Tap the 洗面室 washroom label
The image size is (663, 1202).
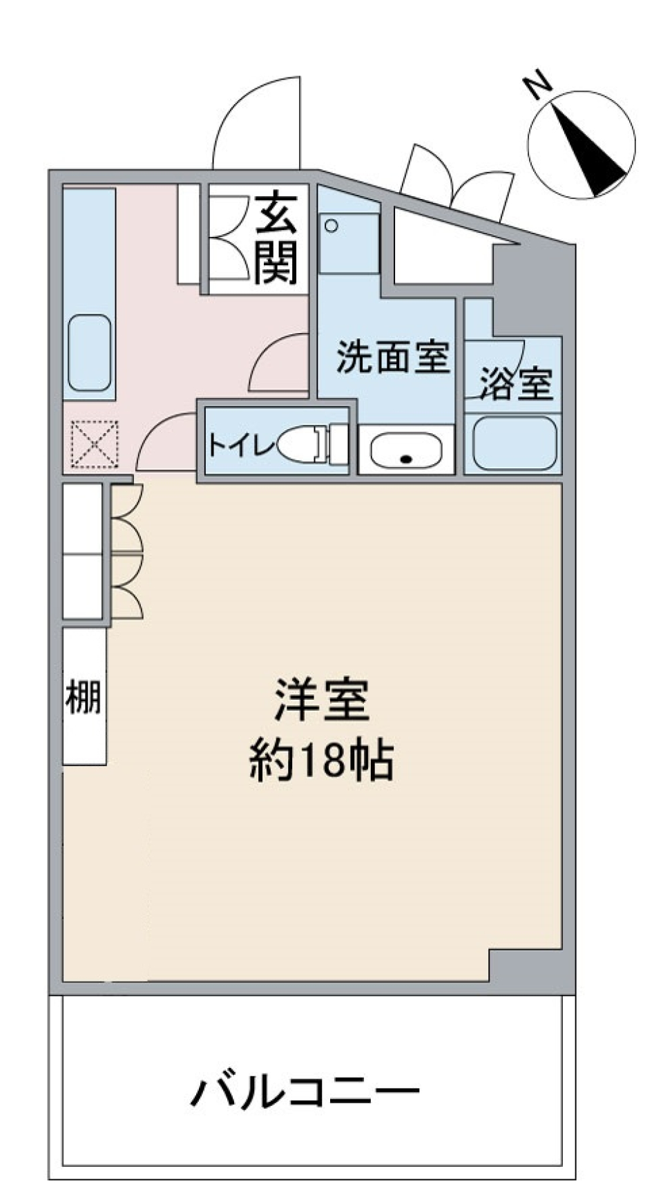393,357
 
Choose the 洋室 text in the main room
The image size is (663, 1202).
323,700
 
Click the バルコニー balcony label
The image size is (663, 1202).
305,1092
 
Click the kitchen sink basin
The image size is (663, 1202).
90,353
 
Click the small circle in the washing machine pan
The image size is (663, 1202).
331,226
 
